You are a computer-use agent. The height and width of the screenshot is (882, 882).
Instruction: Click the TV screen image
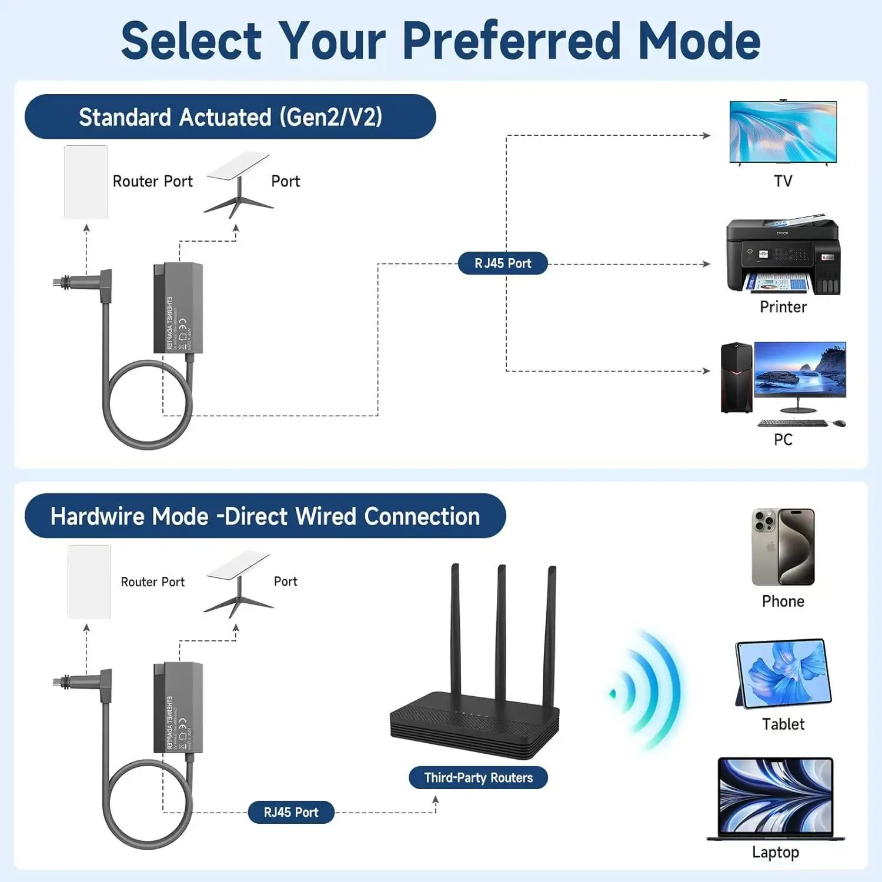coord(783,132)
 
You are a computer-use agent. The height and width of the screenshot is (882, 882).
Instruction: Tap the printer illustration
coord(783,256)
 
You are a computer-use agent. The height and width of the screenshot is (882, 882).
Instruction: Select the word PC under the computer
coord(783,439)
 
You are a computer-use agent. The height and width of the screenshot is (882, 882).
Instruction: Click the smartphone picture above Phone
coord(783,547)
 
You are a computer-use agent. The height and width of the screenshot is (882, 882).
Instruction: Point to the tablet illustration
coord(783,674)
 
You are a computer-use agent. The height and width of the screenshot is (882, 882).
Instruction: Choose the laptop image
coord(776,799)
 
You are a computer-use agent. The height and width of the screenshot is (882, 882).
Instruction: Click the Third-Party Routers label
coord(478,777)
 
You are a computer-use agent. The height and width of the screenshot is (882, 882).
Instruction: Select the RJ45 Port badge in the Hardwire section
coord(291,812)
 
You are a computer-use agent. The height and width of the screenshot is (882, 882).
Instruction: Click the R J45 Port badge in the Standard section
coord(503,263)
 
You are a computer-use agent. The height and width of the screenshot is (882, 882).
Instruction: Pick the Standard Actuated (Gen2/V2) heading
coord(230,117)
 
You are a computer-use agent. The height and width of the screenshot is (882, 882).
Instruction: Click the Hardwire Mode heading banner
coord(265,516)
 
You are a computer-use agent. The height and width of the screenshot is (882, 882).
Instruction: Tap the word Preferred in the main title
coord(511,41)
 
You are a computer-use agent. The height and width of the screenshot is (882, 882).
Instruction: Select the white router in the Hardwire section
coord(89,582)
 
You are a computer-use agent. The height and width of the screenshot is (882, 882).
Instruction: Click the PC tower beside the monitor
coord(736,377)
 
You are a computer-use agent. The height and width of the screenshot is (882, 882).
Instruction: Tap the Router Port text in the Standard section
coord(152,181)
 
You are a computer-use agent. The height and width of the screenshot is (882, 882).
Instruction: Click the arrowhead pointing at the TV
coord(707,135)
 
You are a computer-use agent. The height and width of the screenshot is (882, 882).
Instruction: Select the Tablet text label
coord(783,724)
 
